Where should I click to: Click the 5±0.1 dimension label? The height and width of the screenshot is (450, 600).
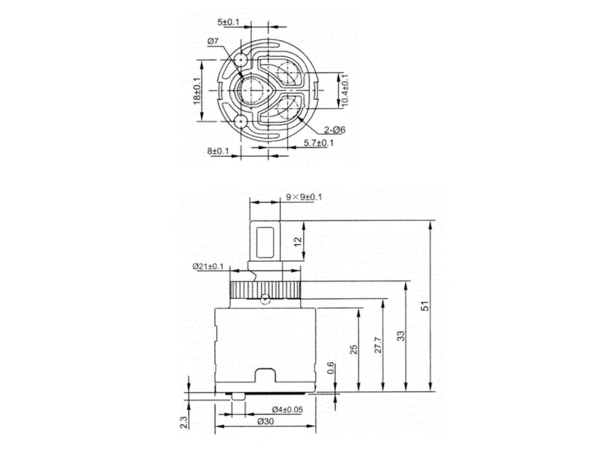228,23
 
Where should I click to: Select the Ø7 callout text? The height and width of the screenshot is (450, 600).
213,42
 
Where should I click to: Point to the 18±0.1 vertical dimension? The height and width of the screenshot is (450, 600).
197,90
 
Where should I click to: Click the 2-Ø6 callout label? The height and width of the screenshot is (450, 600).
335,130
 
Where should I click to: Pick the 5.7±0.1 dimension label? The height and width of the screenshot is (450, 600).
319,143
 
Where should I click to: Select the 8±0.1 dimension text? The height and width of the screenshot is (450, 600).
218,151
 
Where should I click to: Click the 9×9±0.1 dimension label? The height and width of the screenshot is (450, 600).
304,197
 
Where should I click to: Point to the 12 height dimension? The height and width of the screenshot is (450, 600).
298,241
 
